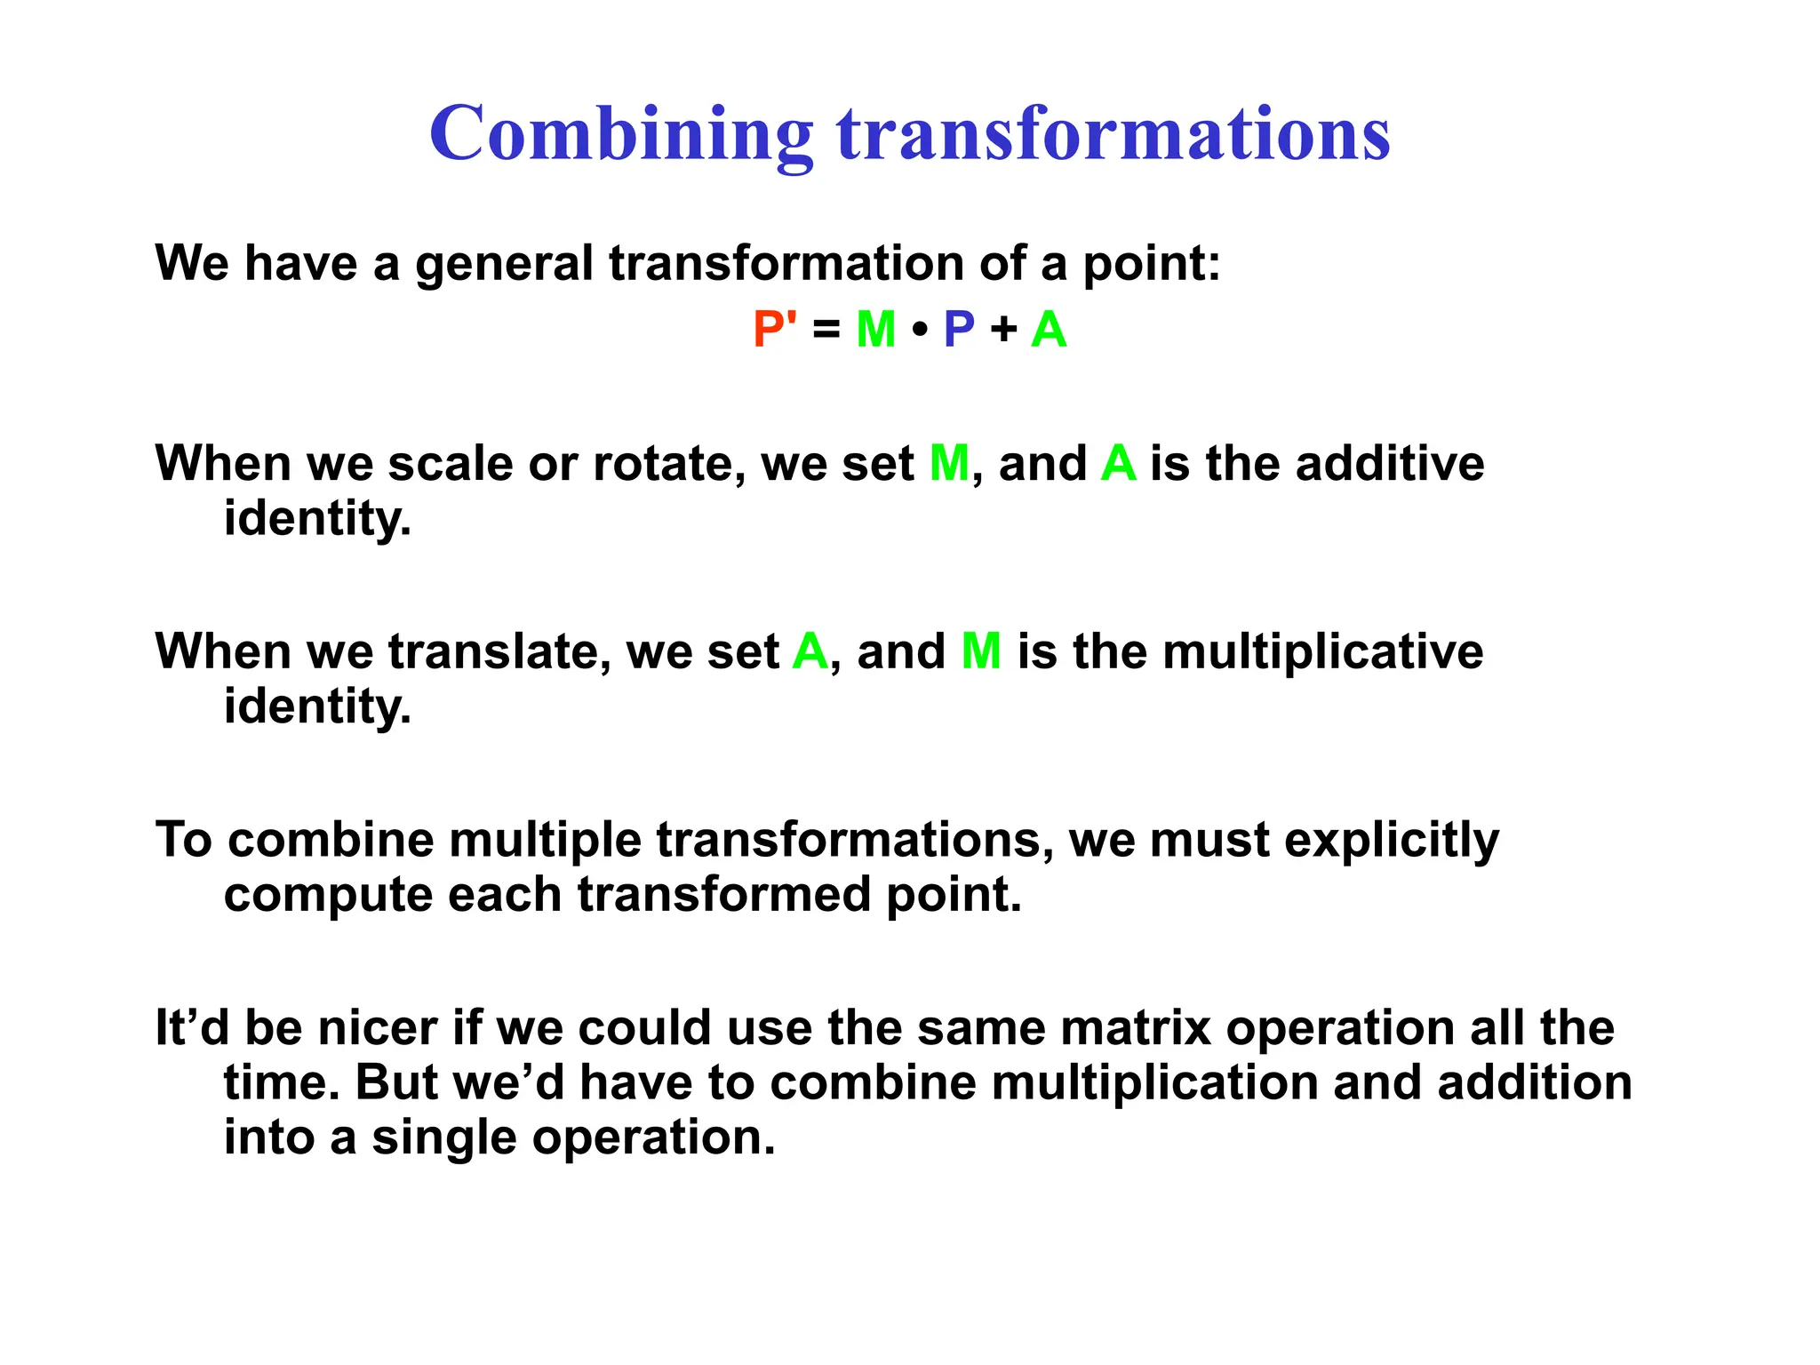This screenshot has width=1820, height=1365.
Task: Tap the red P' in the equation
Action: pos(774,329)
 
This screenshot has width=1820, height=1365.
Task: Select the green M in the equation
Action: pos(875,329)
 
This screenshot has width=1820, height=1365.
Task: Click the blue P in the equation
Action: pos(959,329)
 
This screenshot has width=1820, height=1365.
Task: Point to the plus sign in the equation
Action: pos(1003,330)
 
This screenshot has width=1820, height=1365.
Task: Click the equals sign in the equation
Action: pos(826,330)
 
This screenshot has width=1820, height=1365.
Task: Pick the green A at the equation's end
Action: pos(1049,329)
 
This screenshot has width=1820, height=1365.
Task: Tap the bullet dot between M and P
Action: pos(920,330)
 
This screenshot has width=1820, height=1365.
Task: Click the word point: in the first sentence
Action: pos(1151,264)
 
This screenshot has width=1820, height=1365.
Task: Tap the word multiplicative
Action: pos(1322,651)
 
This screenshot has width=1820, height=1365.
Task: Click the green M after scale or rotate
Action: pos(949,464)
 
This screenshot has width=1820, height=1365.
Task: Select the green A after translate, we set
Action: pos(810,651)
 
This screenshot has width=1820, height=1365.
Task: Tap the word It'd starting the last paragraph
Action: pos(192,1028)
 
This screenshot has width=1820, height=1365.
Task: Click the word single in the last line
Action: pos(443,1137)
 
